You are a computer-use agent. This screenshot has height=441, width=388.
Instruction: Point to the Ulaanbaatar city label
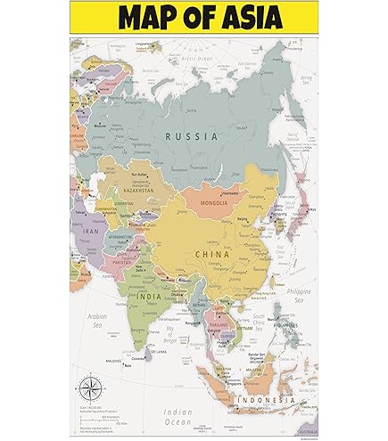(x=231, y=192)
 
